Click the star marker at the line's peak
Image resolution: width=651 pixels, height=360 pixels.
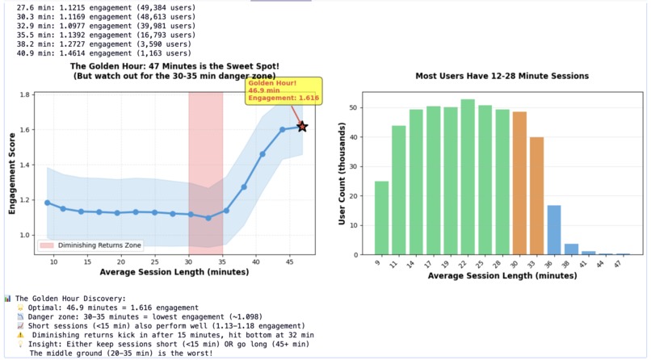point(302,127)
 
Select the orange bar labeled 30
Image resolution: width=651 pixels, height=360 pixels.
point(519,183)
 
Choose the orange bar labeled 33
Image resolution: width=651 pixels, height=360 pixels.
point(536,196)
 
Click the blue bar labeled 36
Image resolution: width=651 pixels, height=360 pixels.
point(554,230)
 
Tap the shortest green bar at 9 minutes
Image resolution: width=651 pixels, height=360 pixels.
point(381,218)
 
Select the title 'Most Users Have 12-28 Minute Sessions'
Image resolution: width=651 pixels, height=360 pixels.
point(502,76)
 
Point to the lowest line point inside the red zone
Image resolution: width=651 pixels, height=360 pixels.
point(208,218)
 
